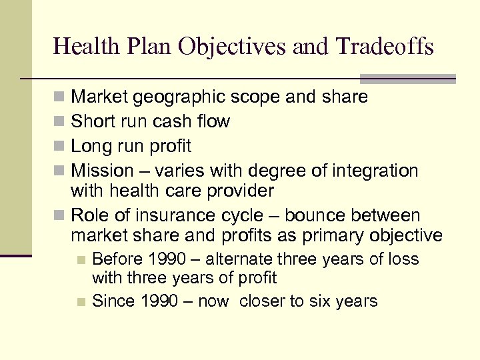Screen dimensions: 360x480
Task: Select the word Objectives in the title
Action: coord(237,47)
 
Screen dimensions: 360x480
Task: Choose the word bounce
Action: coord(310,215)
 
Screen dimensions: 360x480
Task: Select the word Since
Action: coord(113,301)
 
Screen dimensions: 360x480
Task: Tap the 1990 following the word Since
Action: coord(159,301)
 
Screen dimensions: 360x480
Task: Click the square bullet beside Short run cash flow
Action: coord(61,122)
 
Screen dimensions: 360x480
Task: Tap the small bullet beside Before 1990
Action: coord(81,259)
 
